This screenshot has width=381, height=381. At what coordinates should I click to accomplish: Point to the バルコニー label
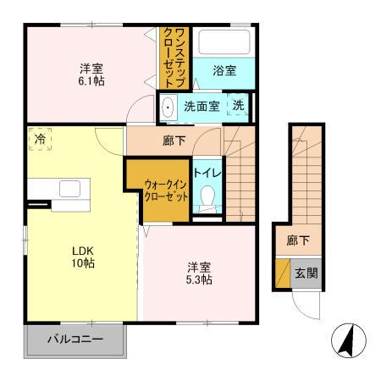(75, 340)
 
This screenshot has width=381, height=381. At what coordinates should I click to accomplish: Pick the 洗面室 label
(202, 107)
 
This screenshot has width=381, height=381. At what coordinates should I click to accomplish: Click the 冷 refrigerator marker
(40, 139)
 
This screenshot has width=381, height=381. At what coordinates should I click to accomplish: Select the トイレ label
(207, 172)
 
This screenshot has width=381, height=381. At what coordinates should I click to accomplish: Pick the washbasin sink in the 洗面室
(168, 108)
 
